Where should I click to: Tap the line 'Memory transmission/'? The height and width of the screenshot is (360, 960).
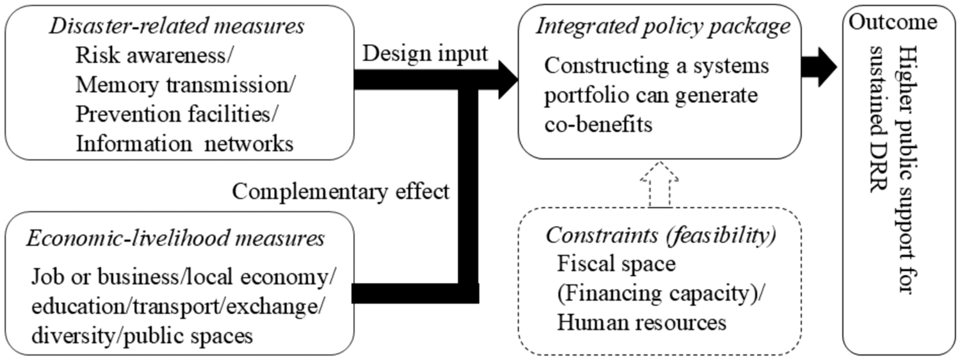(x=186, y=85)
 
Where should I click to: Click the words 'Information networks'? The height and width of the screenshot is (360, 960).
(x=184, y=143)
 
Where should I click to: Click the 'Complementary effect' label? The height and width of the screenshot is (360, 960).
(x=340, y=192)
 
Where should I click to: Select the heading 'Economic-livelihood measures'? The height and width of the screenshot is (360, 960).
(x=175, y=239)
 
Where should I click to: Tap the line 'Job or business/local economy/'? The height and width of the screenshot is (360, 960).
(x=183, y=278)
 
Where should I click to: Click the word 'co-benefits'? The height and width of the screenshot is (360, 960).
(x=599, y=124)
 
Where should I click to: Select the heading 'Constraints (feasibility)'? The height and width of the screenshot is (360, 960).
(x=661, y=235)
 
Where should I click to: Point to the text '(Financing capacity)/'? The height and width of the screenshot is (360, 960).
(x=662, y=293)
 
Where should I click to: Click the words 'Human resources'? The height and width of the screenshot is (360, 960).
(x=642, y=322)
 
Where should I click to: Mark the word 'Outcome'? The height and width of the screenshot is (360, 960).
(x=893, y=22)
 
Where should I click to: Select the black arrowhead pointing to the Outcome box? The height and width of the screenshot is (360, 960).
(x=824, y=66)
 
